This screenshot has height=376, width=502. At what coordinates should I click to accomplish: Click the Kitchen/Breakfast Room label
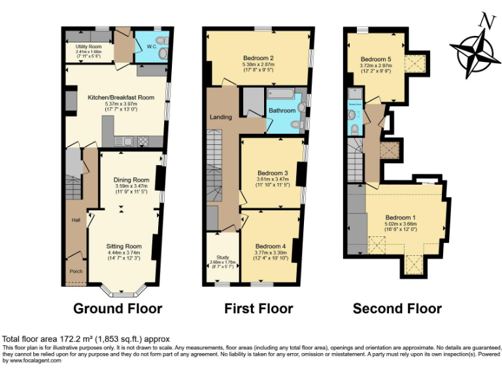coord(121,97)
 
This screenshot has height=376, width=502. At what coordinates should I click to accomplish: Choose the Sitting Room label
coord(124,246)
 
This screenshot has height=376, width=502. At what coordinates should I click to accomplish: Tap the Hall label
coord(75,219)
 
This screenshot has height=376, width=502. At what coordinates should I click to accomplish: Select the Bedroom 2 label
coord(257,57)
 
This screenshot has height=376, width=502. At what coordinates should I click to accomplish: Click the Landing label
coord(220,117)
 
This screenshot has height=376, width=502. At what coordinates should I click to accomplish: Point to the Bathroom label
coord(282,111)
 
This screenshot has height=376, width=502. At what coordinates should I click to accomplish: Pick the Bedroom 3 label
coord(272,173)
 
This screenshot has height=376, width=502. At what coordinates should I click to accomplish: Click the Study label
coord(215,257)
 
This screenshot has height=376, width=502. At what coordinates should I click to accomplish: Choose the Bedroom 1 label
coord(401,217)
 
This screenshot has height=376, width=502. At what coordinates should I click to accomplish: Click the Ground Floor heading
coord(118,308)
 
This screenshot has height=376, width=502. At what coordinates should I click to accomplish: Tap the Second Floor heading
coord(397,308)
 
